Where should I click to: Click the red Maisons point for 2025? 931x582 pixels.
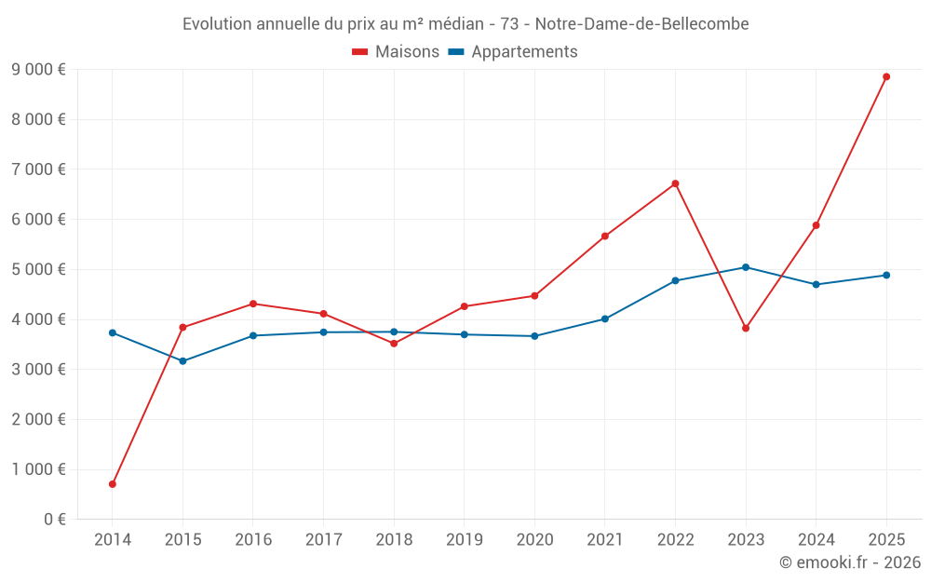click(886, 76)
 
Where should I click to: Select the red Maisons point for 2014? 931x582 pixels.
click(113, 484)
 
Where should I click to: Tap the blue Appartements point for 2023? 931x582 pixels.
click(746, 267)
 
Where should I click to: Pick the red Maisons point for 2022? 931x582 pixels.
click(675, 183)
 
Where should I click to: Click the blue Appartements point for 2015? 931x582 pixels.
click(182, 361)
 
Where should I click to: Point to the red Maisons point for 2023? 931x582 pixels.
click(746, 328)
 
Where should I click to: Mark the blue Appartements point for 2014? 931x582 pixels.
click(113, 332)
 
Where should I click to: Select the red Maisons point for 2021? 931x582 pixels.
click(605, 237)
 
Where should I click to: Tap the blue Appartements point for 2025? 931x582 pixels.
click(886, 275)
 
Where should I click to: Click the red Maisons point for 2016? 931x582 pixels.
click(253, 304)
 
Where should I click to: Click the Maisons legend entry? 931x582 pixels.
click(396, 52)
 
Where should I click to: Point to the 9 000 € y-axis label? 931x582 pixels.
click(38, 69)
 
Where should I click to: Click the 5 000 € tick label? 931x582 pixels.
click(38, 269)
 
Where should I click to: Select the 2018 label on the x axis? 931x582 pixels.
click(394, 539)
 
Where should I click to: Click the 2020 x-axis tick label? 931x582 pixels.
click(534, 539)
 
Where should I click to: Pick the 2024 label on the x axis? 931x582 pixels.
click(816, 539)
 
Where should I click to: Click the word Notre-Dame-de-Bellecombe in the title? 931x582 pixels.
click(642, 23)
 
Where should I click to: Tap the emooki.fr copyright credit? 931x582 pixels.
click(849, 562)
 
